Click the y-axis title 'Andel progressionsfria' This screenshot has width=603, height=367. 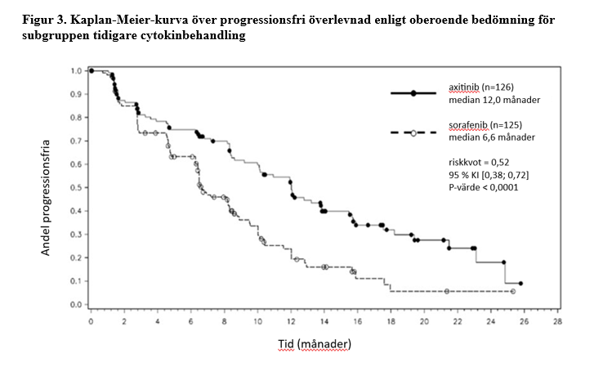47,195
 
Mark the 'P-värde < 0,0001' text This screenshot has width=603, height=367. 484,187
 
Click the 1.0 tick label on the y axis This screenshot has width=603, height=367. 77,71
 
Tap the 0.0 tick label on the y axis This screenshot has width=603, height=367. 77,305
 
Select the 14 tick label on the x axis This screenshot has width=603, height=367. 324,321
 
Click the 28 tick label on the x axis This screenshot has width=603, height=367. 558,321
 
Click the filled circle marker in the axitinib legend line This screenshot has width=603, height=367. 413,94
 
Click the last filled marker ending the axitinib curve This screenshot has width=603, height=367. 520,284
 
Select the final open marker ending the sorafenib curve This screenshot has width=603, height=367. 512,291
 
